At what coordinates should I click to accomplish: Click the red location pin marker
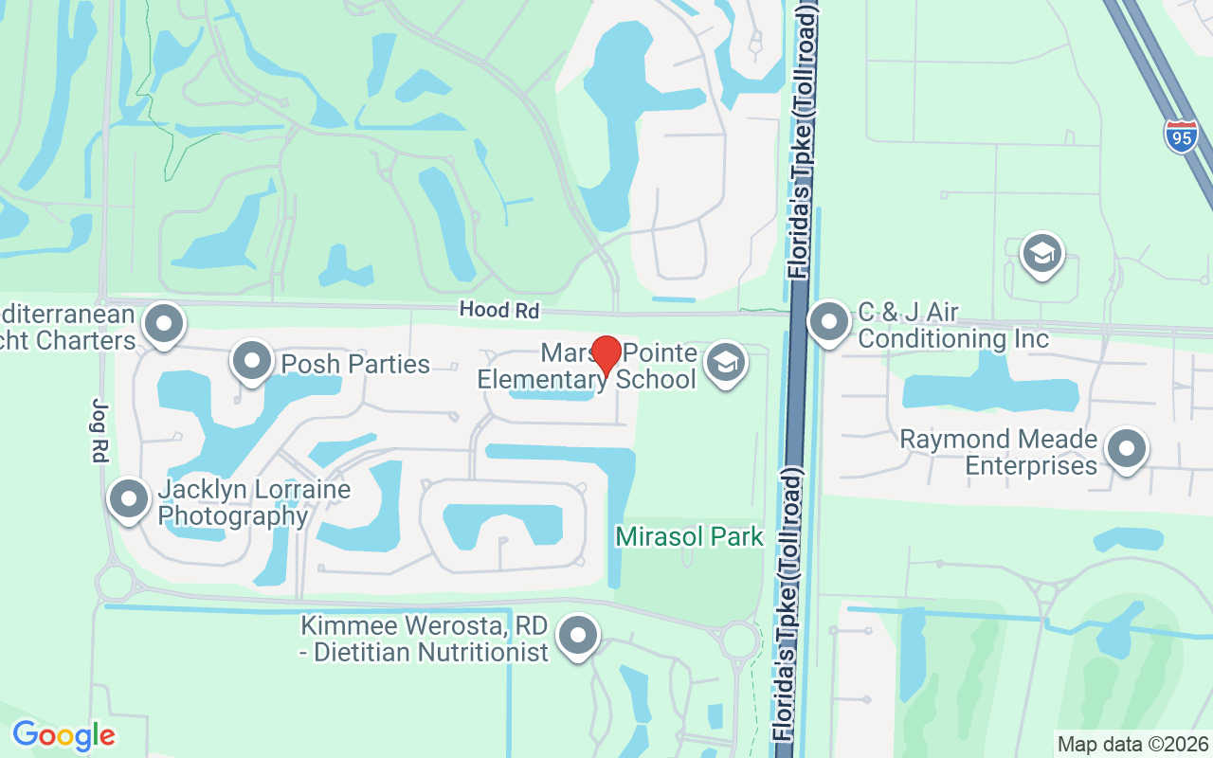click(606, 356)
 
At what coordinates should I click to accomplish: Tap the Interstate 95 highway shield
click(1181, 135)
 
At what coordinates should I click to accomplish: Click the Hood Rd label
click(498, 310)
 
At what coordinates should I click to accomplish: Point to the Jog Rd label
click(99, 430)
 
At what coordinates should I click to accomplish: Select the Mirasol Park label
click(689, 536)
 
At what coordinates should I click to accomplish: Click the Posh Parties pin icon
click(251, 362)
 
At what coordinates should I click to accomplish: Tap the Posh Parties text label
click(355, 364)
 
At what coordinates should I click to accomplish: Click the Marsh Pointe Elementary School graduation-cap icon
click(727, 363)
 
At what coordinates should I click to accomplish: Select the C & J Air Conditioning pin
click(830, 322)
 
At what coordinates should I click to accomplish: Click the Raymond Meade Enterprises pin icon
click(1127, 450)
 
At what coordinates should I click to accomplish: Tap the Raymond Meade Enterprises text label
click(998, 453)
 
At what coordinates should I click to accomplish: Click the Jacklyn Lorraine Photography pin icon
click(129, 498)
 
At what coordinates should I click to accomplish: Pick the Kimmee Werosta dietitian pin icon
click(577, 636)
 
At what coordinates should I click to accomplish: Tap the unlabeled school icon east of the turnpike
click(1041, 254)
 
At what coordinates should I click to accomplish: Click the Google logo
click(63, 735)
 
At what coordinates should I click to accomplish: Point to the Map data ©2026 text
click(1132, 744)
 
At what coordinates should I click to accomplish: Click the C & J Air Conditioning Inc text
click(953, 325)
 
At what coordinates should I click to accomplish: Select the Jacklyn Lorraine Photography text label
click(254, 503)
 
